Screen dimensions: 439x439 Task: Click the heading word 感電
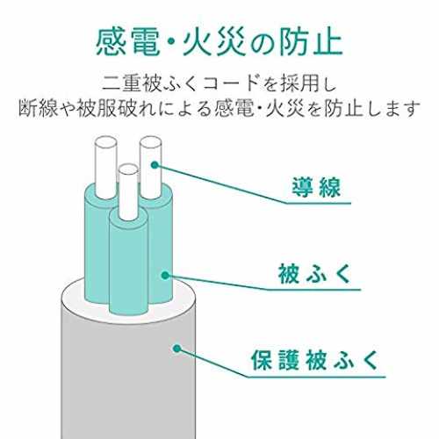128,44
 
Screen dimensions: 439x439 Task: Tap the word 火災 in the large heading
214,44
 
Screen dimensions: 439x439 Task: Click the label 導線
316,188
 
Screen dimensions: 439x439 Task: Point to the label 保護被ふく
315,360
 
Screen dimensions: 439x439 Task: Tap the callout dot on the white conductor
155,165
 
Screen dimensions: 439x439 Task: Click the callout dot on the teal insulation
165,275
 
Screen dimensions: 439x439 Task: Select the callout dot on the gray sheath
176,349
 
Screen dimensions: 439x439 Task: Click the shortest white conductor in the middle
128,192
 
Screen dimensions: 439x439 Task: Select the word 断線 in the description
38,108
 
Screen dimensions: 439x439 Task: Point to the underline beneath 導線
318,203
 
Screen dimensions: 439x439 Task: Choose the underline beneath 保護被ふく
317,377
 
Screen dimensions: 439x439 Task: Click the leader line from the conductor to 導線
220,184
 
